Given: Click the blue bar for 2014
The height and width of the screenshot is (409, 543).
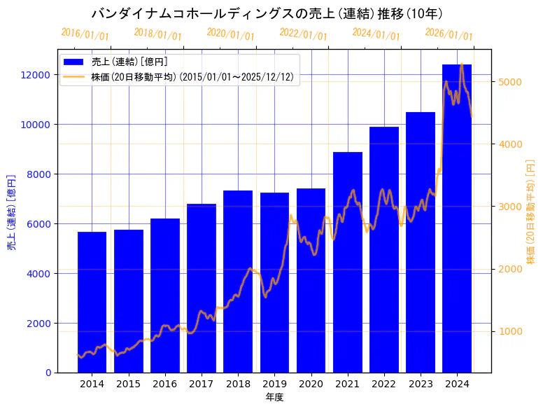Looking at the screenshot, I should (x=92, y=302).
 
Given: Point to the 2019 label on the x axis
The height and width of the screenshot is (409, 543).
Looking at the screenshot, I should (x=274, y=384).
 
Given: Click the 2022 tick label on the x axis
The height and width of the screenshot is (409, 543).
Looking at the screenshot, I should (x=384, y=384).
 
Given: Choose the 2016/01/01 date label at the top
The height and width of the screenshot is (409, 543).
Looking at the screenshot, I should (x=85, y=34).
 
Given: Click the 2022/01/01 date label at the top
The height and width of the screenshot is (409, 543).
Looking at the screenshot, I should (x=303, y=33).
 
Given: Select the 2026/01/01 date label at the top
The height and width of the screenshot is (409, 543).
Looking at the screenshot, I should (x=449, y=34).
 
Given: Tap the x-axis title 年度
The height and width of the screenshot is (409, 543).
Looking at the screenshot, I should (x=274, y=397).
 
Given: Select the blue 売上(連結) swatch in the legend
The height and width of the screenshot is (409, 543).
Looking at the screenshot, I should (x=74, y=62).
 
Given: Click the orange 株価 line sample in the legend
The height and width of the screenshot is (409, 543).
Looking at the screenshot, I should (x=74, y=77).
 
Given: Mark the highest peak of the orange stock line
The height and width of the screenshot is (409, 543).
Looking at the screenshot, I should (x=462, y=64).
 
